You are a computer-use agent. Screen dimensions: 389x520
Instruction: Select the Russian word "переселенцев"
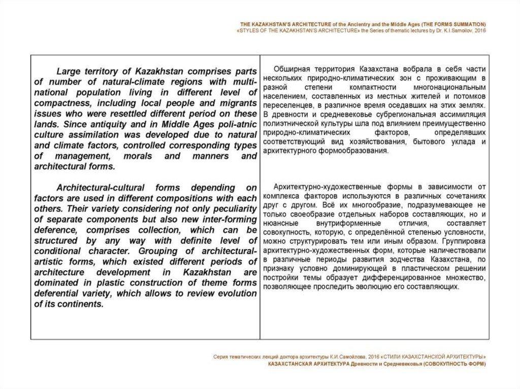click(289, 105)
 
